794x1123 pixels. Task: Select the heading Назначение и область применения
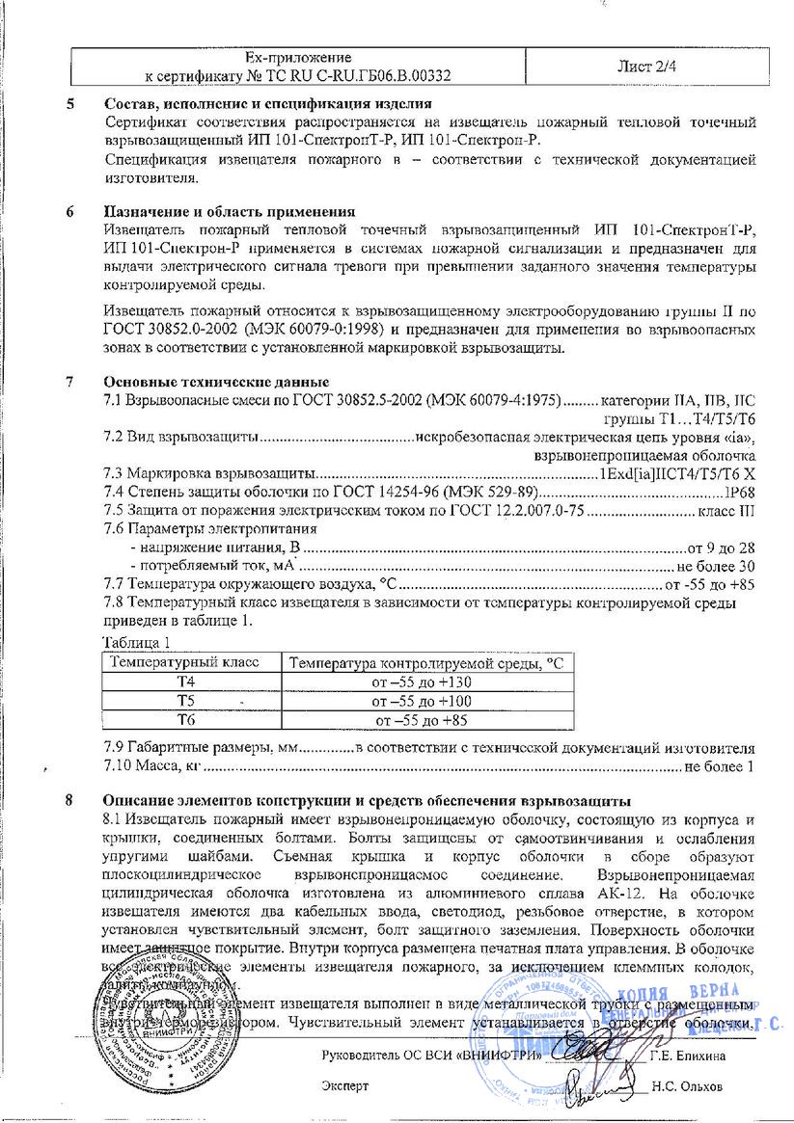coord(229,211)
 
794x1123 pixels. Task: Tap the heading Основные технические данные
coord(216,382)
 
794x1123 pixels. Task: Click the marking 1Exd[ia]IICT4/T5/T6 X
coord(676,474)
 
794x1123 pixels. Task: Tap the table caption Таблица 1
coord(136,642)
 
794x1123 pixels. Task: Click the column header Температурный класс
coord(187,663)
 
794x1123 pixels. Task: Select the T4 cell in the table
coord(186,682)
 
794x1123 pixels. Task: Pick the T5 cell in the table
coord(186,701)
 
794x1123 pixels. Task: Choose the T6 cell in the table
coord(186,719)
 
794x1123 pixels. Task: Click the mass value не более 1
coord(719,766)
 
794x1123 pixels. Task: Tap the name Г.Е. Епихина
coord(687,1056)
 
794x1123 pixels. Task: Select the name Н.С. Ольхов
coord(686,1085)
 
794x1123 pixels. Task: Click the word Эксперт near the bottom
coord(344,1085)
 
